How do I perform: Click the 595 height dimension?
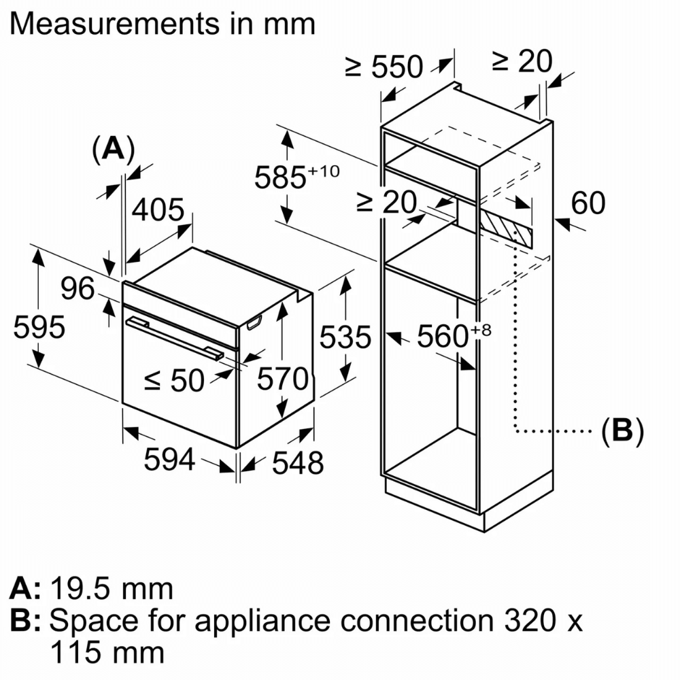39,328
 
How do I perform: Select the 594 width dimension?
169,460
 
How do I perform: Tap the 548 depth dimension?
297,463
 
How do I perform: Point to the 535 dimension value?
347,337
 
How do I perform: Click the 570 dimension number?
283,380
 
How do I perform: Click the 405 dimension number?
158,211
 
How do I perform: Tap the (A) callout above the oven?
113,150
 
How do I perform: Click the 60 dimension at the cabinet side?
588,203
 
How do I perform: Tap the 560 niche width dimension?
445,336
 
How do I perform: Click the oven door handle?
173,337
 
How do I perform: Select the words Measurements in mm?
163,24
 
